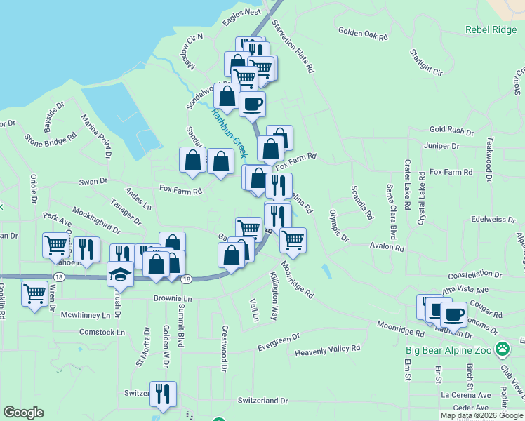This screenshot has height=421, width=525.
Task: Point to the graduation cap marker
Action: point(121,274)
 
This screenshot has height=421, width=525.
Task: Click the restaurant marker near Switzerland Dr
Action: point(163,394)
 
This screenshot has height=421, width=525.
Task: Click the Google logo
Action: point(23,413)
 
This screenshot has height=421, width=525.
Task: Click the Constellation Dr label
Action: point(477,274)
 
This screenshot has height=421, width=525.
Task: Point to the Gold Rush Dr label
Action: point(453,131)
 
